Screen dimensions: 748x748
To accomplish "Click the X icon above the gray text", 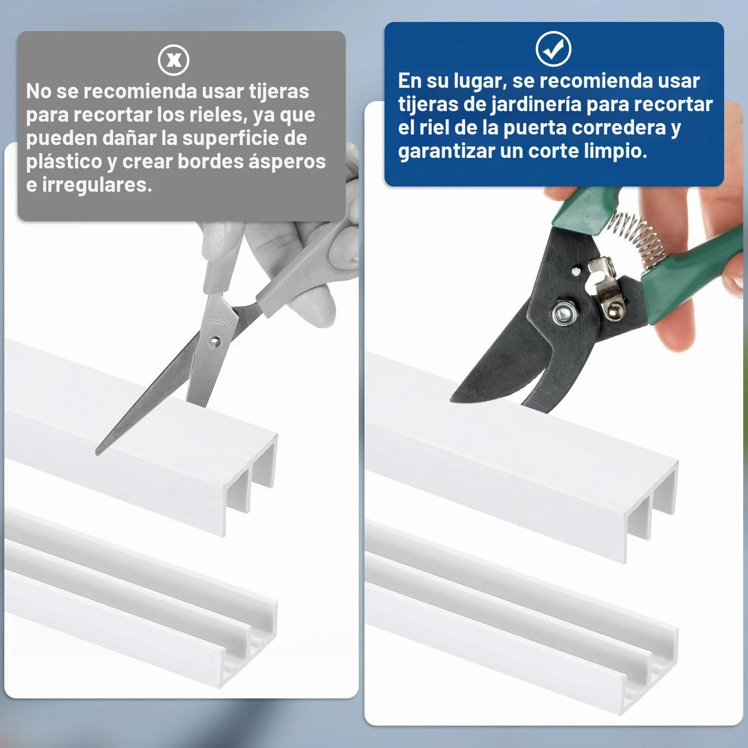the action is click(174, 60).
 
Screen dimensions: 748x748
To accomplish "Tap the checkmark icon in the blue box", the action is click(553, 49).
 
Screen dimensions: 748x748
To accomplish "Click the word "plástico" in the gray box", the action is click(64, 162).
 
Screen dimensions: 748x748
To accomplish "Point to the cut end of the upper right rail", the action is click(651, 510).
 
